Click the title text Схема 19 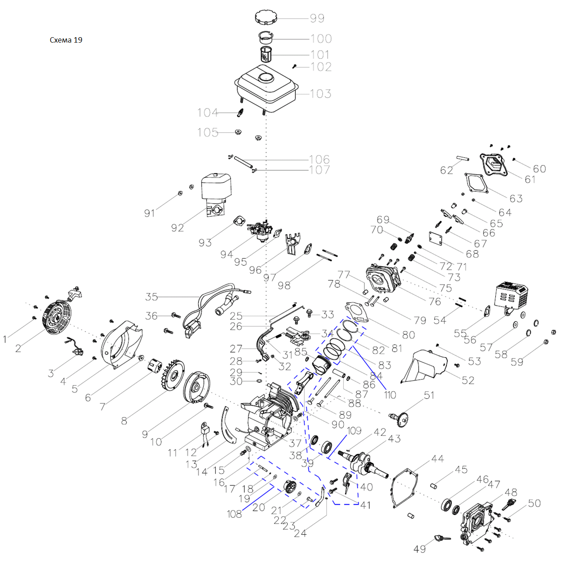point(66,40)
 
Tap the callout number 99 point(317,18)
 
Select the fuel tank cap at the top point(265,17)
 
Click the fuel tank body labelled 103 point(266,87)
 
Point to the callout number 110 point(390,395)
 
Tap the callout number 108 point(234,514)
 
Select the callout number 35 point(151,297)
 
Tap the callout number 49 point(419,549)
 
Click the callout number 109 point(354,431)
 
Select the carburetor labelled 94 point(261,229)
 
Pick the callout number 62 point(446,170)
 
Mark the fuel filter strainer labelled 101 point(267,55)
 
